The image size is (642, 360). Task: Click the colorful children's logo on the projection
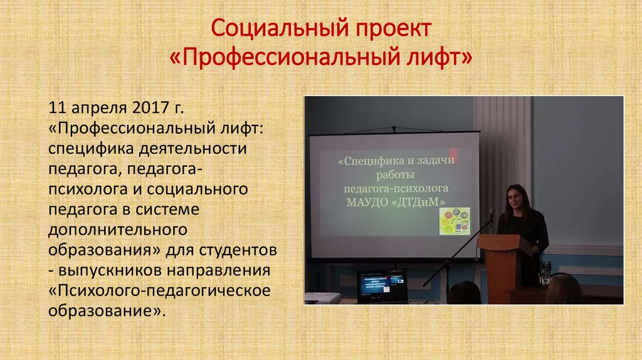pyautogui.click(x=455, y=220)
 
